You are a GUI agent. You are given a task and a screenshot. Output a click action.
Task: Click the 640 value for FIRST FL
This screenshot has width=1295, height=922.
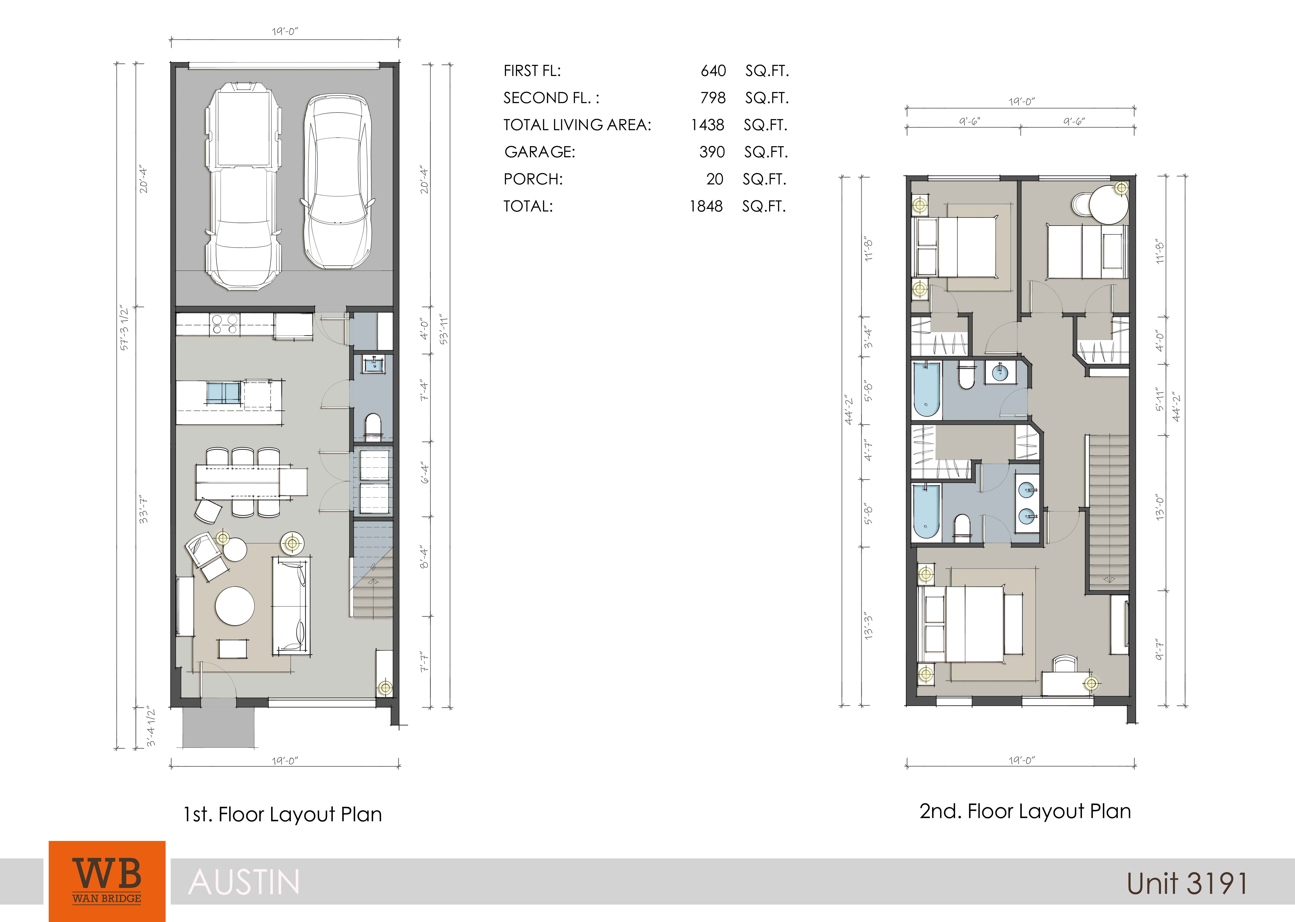[x=713, y=71]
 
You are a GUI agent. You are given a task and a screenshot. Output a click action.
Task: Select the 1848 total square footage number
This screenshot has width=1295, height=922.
[x=706, y=206]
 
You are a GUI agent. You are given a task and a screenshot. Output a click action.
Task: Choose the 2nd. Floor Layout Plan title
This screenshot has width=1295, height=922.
[x=1025, y=811]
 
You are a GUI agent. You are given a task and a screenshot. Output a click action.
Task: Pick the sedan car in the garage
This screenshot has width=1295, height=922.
[x=338, y=182]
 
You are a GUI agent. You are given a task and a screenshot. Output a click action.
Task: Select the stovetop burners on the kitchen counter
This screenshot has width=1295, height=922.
[x=225, y=324]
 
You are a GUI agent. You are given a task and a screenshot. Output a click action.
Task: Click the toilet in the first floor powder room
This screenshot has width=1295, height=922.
[x=373, y=427]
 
